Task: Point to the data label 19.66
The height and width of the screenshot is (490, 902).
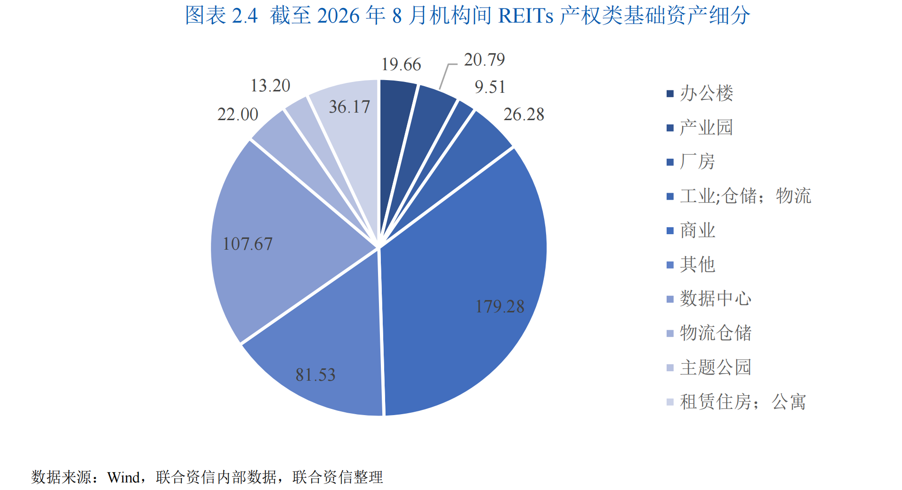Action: (401, 65)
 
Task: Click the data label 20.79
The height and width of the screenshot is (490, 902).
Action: (484, 60)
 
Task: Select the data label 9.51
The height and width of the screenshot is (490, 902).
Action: (490, 87)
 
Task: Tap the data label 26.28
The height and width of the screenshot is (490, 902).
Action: (524, 114)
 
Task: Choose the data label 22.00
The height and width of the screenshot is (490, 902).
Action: (238, 114)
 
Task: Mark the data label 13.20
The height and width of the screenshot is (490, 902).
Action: (270, 86)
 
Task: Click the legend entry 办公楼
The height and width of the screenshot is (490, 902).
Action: (700, 93)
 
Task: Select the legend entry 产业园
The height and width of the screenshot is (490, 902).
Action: (700, 128)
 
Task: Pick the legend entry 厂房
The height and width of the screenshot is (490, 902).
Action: (691, 162)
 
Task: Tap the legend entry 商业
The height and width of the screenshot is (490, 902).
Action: (691, 230)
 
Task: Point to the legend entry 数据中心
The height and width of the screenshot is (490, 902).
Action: (709, 299)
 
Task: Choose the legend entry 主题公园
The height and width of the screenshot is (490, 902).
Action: (709, 367)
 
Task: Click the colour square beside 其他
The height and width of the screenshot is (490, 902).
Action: (670, 265)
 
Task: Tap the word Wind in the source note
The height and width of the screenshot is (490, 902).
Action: (124, 478)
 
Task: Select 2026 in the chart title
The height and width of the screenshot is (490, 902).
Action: (338, 16)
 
